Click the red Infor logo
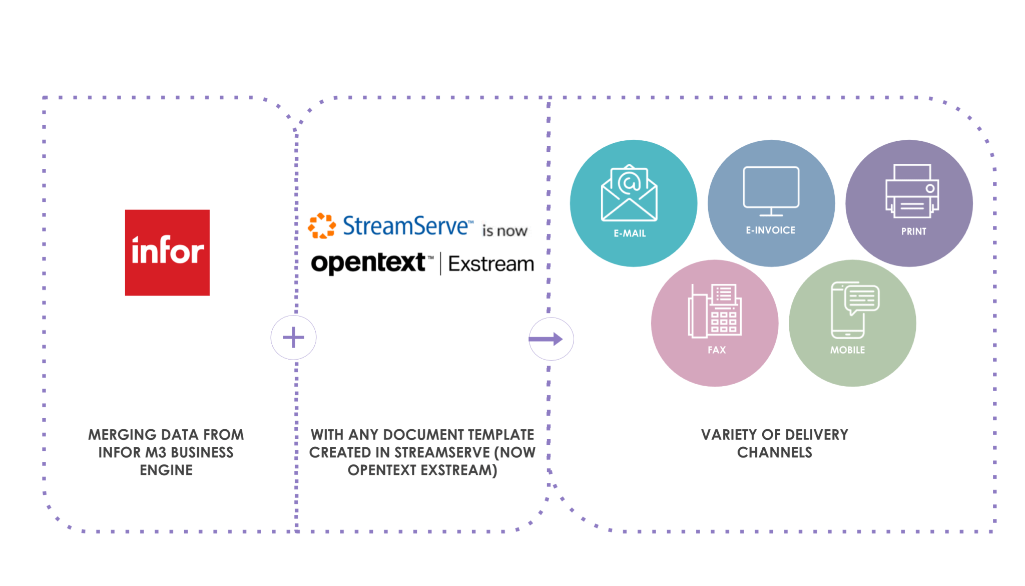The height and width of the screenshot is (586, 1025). coord(167,252)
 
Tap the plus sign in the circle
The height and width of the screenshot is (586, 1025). coord(293,338)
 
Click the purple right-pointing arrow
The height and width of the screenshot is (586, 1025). coord(547,339)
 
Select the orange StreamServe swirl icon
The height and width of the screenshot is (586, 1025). coord(321,226)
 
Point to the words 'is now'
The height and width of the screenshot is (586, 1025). coord(504,231)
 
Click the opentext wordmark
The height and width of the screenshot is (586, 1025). coord(368,263)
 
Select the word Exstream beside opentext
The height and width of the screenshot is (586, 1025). coord(491,264)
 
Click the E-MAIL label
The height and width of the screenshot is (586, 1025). coord(630,233)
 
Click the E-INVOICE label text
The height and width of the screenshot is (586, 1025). coord(770,230)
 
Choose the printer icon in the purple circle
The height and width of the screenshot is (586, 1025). coord(912,191)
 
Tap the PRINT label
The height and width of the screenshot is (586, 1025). coord(913,231)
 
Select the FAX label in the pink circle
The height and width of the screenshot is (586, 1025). coord(716,350)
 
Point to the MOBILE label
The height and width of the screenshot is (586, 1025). coord(847,350)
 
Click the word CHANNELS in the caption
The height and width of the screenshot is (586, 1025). coord(774,452)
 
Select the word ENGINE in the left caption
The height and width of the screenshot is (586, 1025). coord(166,470)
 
